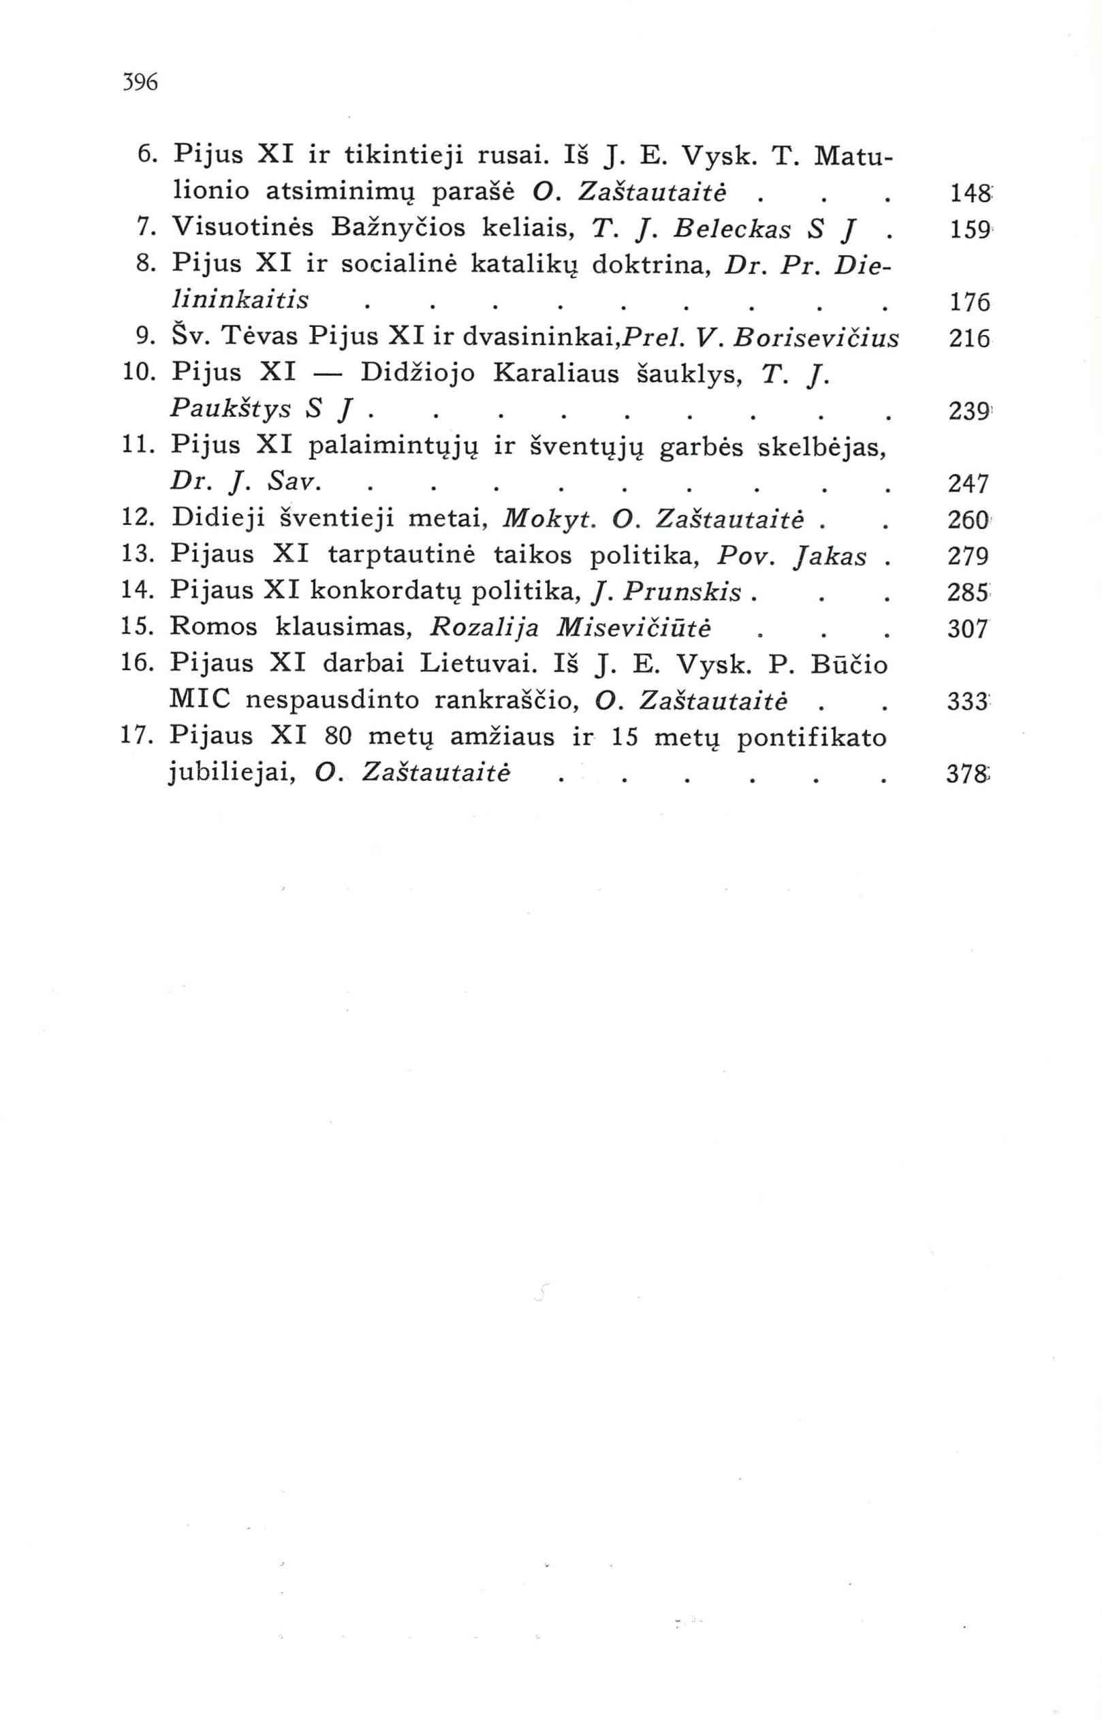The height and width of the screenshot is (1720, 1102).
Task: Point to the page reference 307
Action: click(966, 628)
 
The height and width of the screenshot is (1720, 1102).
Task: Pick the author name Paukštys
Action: click(230, 411)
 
